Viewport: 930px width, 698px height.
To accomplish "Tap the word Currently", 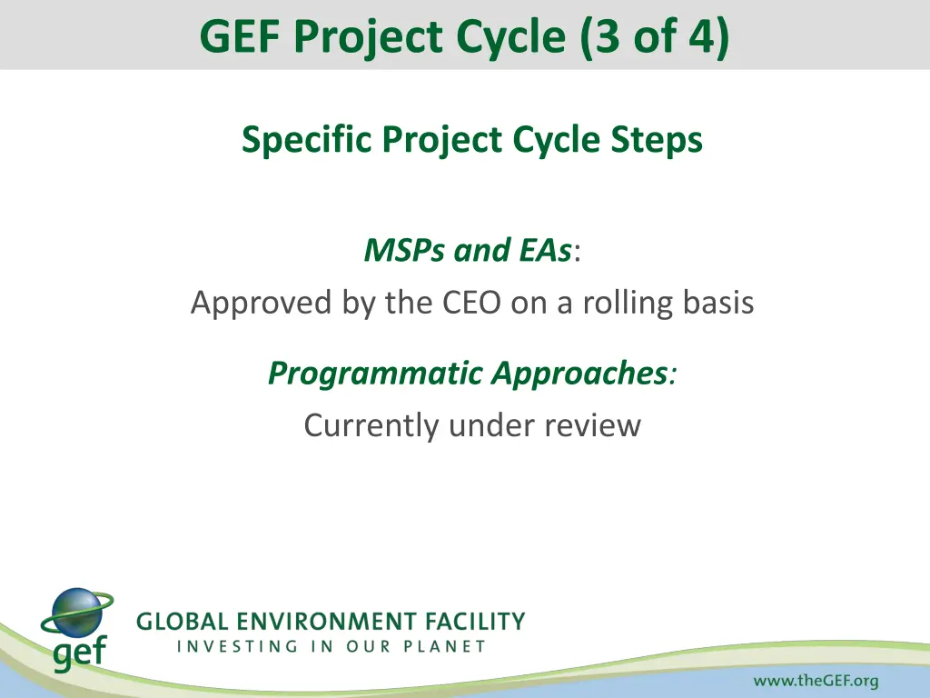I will pyautogui.click(x=371, y=425).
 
